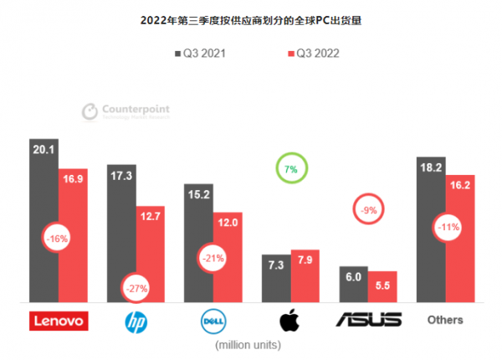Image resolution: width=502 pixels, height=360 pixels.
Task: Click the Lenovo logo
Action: [58, 321]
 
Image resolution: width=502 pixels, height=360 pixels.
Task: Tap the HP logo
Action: [135, 321]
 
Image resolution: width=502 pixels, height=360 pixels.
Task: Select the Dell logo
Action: [213, 321]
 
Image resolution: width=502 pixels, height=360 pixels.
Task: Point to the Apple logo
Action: [289, 320]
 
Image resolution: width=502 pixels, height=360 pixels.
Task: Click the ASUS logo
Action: [368, 321]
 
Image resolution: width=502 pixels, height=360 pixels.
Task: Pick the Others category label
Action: [445, 320]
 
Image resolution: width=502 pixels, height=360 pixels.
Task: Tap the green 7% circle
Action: [291, 169]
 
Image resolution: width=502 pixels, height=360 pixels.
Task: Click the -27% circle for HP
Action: [136, 288]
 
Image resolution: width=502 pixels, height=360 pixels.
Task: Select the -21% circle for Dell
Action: [213, 258]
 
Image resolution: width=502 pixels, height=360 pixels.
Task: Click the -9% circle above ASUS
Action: [369, 209]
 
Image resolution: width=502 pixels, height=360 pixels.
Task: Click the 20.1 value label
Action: [44, 149]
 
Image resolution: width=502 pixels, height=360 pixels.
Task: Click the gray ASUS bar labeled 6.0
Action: [353, 285]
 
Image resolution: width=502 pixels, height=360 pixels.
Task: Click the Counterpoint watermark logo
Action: [125, 111]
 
